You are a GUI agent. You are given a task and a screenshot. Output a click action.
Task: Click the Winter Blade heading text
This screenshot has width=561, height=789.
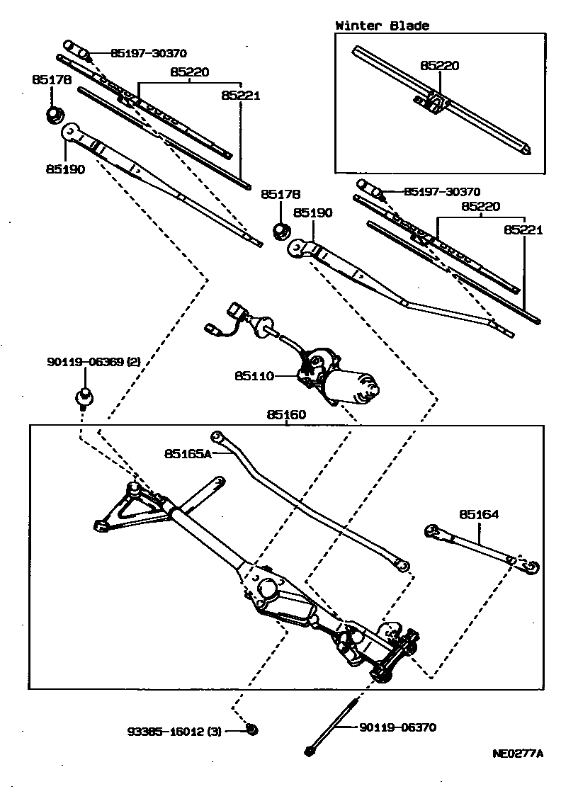(x=382, y=25)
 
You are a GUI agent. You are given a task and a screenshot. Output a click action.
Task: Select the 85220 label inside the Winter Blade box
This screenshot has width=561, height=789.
(x=439, y=66)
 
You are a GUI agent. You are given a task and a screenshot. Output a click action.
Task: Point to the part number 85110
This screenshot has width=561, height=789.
(x=254, y=377)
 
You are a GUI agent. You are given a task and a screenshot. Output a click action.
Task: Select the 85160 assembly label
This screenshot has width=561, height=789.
(x=286, y=415)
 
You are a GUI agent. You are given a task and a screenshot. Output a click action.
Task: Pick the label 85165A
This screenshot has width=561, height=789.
(x=188, y=453)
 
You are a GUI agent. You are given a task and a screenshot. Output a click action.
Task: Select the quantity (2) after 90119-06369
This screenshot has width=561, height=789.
(x=134, y=362)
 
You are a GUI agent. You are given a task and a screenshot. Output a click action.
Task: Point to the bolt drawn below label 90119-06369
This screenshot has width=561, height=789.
(x=85, y=397)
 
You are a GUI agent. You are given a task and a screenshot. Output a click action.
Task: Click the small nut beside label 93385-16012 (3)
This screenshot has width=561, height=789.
(x=252, y=729)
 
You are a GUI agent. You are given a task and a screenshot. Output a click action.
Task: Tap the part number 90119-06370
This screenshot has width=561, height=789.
(x=397, y=727)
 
